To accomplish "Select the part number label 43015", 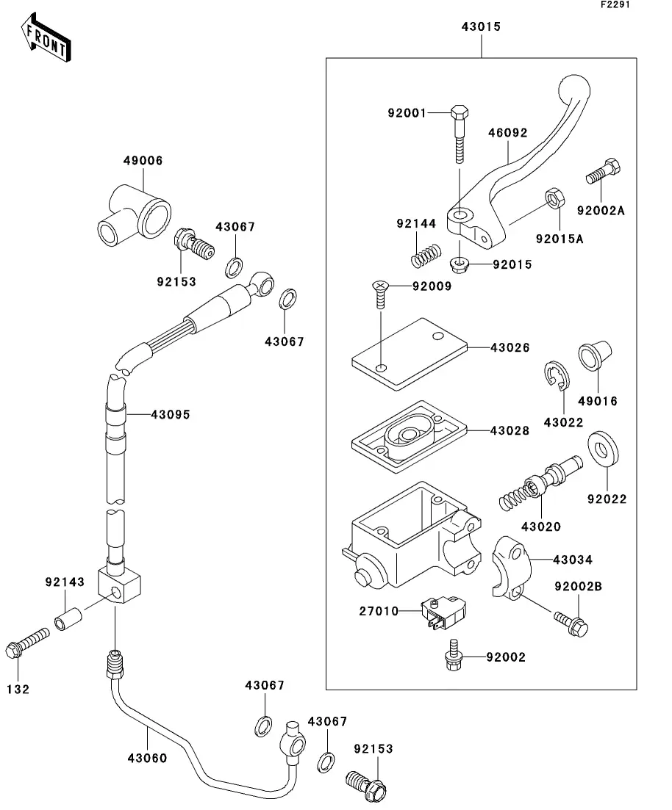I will (481, 26).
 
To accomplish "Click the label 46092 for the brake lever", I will (508, 134).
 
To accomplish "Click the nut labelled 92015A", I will (554, 200).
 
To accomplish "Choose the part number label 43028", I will (510, 431).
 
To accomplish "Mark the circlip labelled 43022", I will (557, 375).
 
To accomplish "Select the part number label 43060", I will (147, 758).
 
